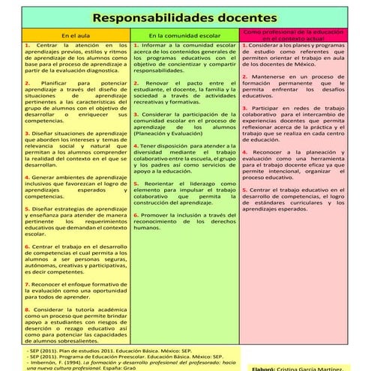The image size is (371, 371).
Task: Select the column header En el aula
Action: tap(76, 35)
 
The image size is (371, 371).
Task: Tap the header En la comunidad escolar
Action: tap(184, 35)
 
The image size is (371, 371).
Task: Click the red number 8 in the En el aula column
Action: tap(26, 308)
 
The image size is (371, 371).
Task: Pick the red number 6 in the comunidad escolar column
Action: tap(136, 214)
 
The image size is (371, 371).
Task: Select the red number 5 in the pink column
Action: tap(244, 190)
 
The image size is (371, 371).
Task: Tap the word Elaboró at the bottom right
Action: tap(263, 368)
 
